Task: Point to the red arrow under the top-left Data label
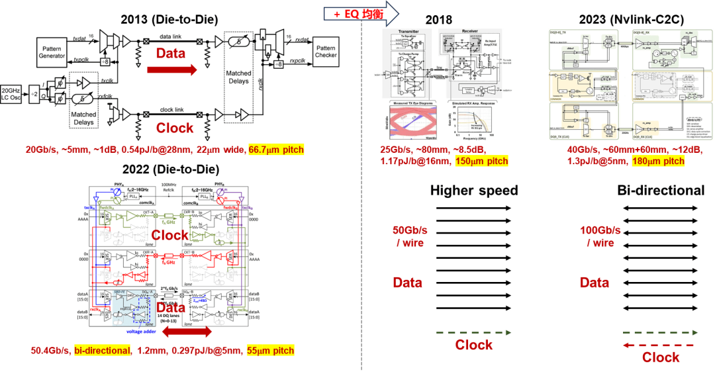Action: (171, 68)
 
